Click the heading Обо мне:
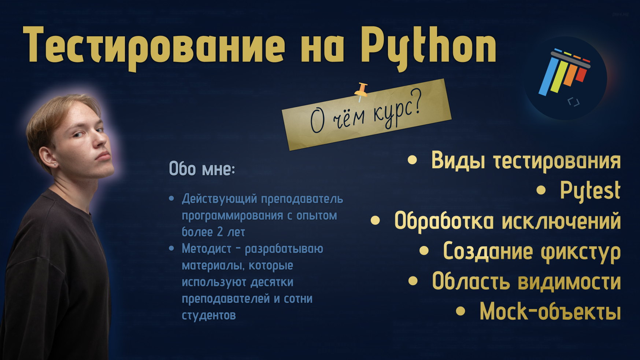202,169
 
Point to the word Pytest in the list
590,191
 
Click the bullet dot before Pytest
541,190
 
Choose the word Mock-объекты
550,311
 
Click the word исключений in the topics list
561,221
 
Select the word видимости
569,282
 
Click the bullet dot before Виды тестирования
413,160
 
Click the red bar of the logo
582,72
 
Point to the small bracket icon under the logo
573,102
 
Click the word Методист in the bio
207,249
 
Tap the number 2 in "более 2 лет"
220,232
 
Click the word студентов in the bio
209,315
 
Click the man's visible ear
48,155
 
